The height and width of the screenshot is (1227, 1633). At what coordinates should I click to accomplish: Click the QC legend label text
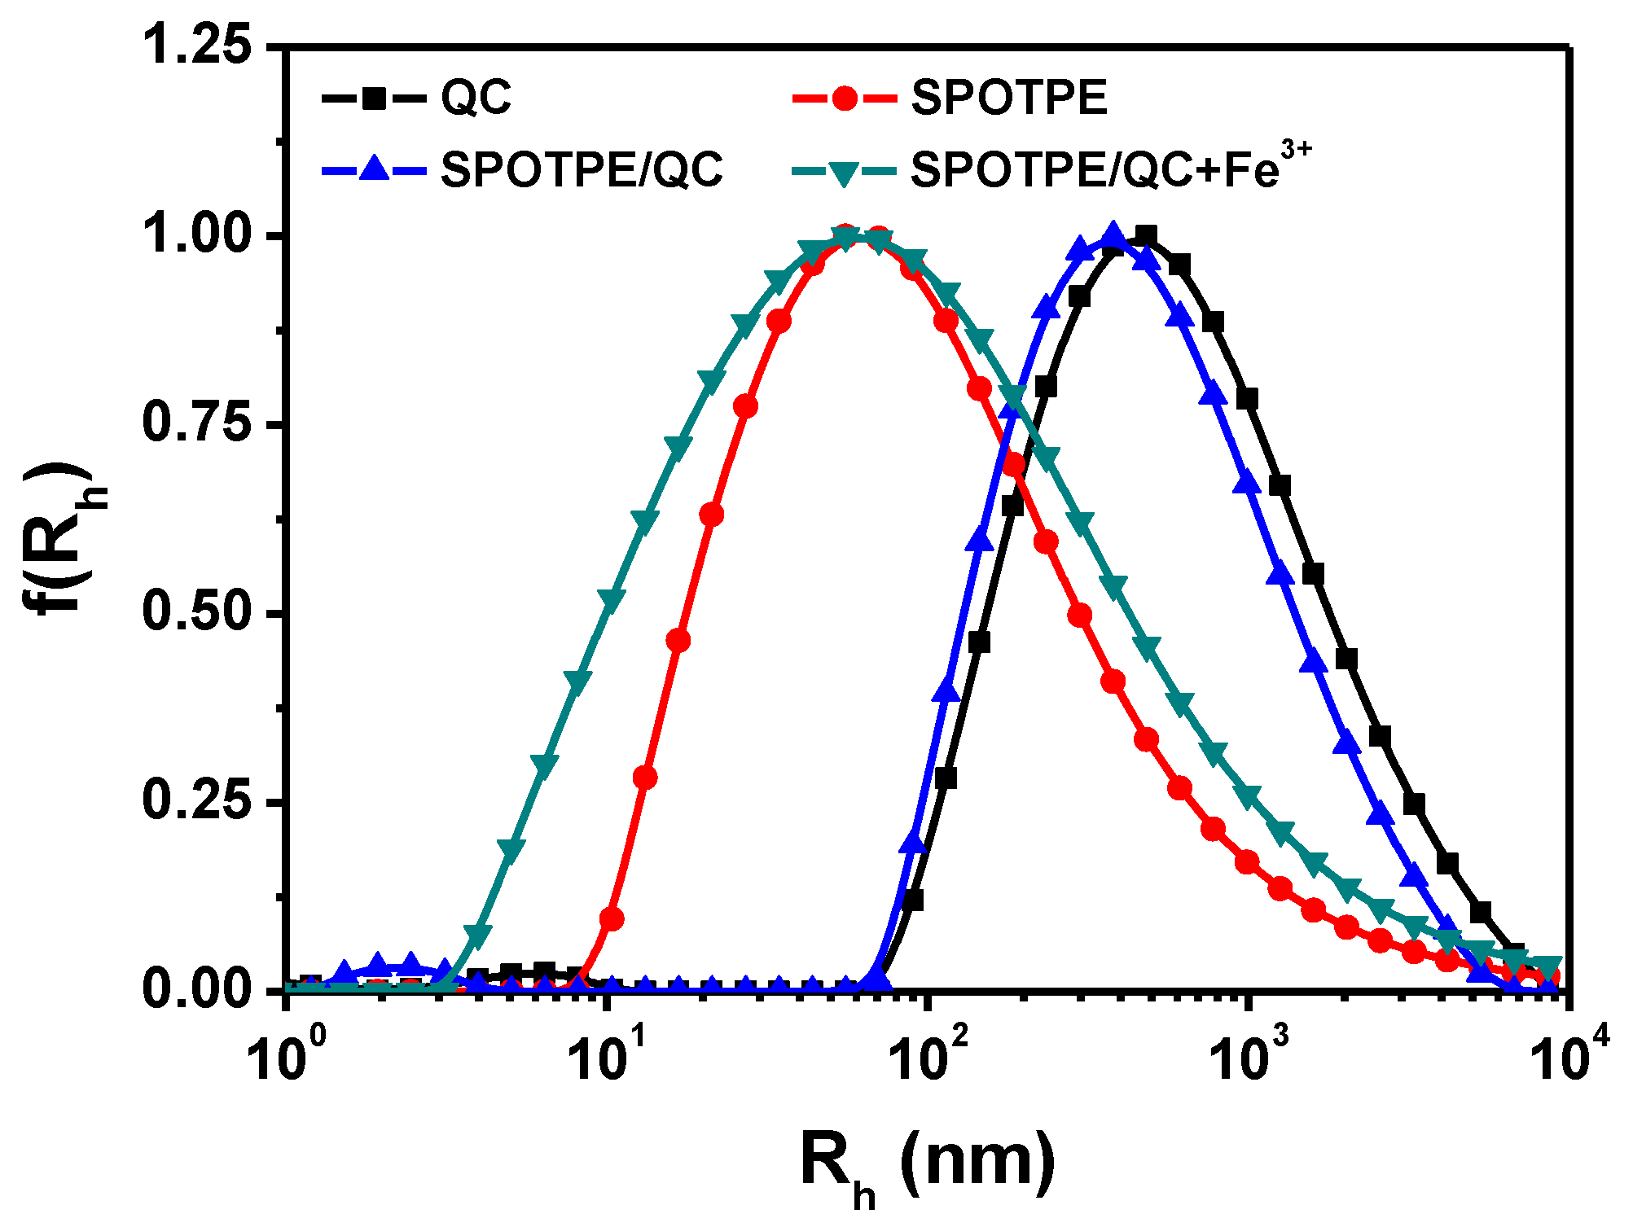pos(476,99)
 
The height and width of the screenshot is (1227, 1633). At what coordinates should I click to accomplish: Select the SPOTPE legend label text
pos(1009,99)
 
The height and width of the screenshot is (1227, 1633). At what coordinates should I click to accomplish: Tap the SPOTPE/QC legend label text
pos(582,170)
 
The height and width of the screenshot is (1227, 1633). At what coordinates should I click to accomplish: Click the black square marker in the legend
pos(374,99)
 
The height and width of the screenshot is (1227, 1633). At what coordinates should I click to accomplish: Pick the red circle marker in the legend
pos(845,99)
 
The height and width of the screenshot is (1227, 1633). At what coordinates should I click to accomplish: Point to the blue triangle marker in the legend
pos(374,169)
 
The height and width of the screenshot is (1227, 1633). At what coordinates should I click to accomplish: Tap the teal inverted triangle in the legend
pos(845,172)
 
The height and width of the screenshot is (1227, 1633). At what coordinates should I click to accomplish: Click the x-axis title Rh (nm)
pos(928,1164)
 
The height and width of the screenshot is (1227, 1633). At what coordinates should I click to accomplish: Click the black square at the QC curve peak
pos(1145,237)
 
